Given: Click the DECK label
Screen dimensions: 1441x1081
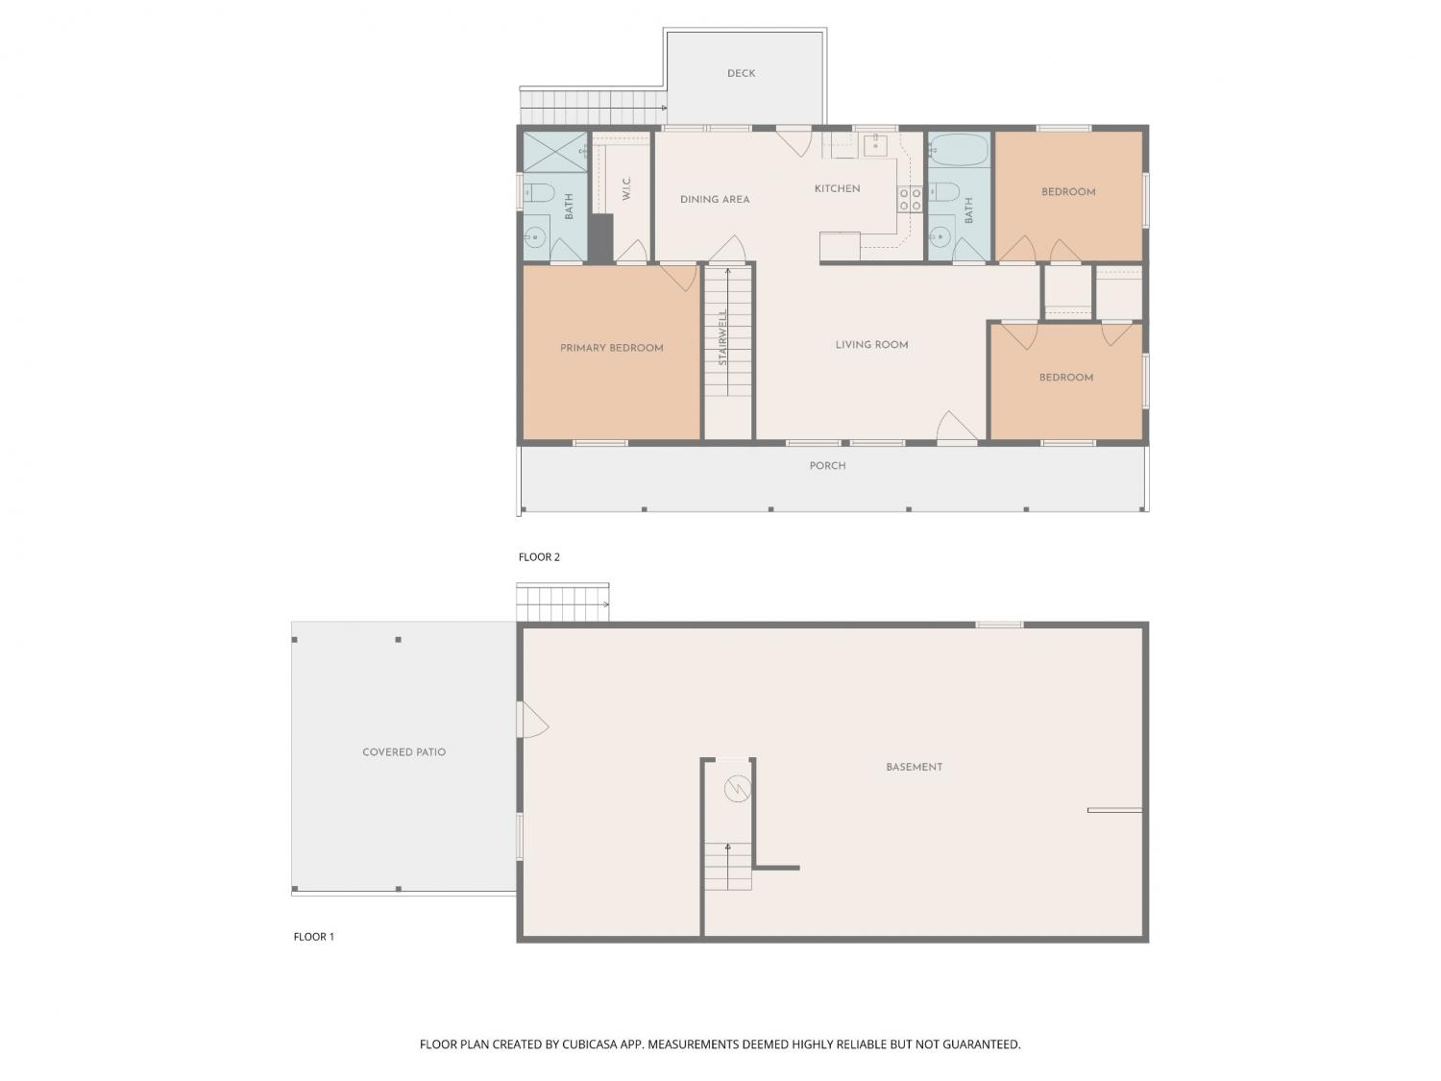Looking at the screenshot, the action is click(741, 74).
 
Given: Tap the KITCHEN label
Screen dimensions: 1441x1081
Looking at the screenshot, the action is click(837, 189).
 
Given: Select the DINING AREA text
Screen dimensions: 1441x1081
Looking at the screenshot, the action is click(715, 200).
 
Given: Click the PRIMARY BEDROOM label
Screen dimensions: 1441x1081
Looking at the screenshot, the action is click(611, 348).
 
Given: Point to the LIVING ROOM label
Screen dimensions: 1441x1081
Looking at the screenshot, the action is click(871, 345).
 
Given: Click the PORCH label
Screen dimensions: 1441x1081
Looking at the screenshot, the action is click(827, 466).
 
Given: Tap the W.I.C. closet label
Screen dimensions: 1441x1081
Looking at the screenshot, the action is click(626, 188).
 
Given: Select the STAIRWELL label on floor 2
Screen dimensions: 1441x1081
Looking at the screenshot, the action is click(722, 337).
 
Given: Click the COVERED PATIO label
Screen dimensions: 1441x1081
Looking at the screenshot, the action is click(403, 752).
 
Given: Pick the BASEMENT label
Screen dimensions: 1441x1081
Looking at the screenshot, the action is click(914, 767).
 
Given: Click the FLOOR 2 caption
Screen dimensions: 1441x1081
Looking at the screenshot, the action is click(539, 557).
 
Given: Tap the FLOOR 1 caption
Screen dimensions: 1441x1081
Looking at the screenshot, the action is click(314, 937).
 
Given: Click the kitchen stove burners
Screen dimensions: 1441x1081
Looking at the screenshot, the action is click(910, 199).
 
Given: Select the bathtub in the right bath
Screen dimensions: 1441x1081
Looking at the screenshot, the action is click(960, 150).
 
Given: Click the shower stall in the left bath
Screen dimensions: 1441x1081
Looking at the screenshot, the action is click(554, 152).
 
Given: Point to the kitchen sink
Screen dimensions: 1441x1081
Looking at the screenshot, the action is click(875, 145).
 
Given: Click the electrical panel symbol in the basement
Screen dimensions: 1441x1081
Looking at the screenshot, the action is click(737, 788).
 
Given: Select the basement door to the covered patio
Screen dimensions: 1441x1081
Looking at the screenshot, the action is click(532, 720).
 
